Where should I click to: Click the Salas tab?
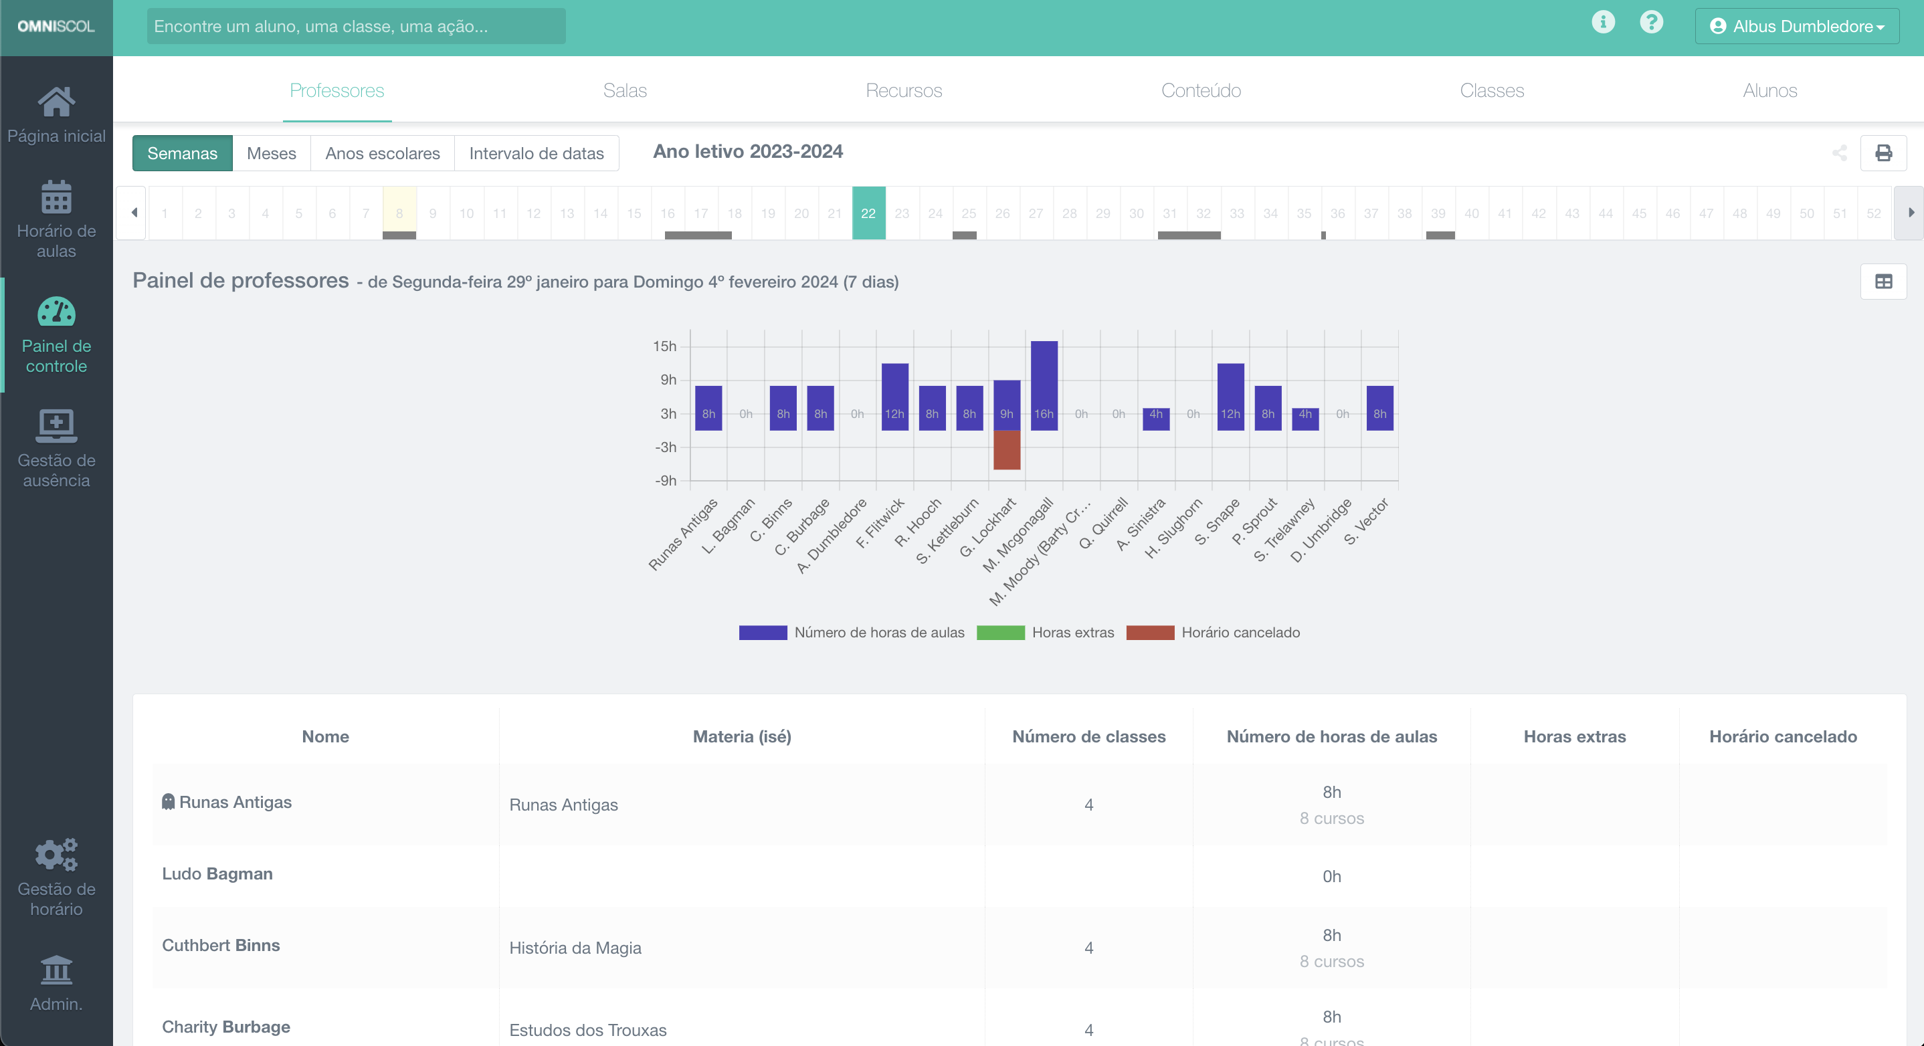point(624,90)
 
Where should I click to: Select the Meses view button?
point(271,153)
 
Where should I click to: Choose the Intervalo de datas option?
point(537,153)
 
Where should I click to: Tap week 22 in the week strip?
point(868,213)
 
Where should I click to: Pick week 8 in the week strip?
point(399,213)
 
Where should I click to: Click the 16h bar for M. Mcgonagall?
point(1044,385)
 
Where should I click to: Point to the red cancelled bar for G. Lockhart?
point(1006,449)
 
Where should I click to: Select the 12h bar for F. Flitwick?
point(894,396)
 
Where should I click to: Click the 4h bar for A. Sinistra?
point(1155,419)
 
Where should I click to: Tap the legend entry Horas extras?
point(1046,633)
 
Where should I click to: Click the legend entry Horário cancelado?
point(1214,633)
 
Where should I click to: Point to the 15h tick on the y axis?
point(665,346)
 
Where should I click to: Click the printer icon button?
point(1883,153)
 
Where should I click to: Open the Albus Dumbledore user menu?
point(1796,26)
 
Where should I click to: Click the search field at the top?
point(355,26)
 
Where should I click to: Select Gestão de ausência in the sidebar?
point(57,448)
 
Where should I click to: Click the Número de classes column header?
point(1088,736)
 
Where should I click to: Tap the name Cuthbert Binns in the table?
point(221,945)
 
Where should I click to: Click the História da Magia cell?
point(575,948)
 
